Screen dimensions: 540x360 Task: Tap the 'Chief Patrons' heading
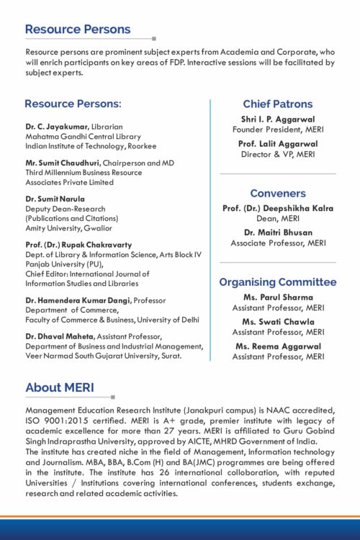tap(277, 104)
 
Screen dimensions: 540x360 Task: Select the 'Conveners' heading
tap(277, 194)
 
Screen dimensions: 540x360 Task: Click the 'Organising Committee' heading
tap(277, 282)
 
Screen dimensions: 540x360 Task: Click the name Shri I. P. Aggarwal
tap(277, 120)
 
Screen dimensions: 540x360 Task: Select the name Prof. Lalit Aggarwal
tap(277, 144)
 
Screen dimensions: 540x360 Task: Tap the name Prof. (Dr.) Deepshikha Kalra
tap(277, 209)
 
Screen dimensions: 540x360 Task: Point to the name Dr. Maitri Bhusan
tap(277, 233)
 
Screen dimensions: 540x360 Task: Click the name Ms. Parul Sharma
tap(277, 297)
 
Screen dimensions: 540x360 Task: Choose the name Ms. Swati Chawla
tap(277, 322)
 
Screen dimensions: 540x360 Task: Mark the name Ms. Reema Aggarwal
tap(277, 346)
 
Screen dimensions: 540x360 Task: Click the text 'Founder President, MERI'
tap(277, 130)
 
